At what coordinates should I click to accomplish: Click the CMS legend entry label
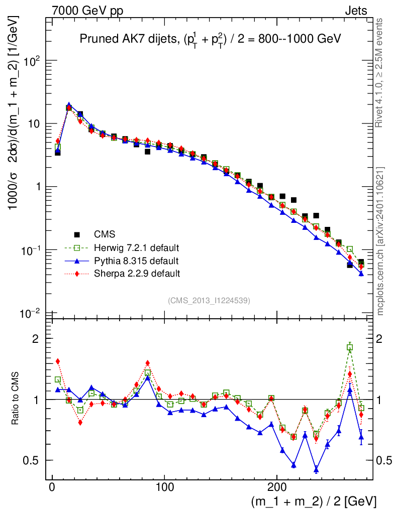pos(105,234)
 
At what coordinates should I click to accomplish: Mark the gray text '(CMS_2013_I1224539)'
pos(209,300)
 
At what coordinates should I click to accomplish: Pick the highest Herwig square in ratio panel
pos(350,347)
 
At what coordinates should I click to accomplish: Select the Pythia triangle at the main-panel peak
pos(69,105)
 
